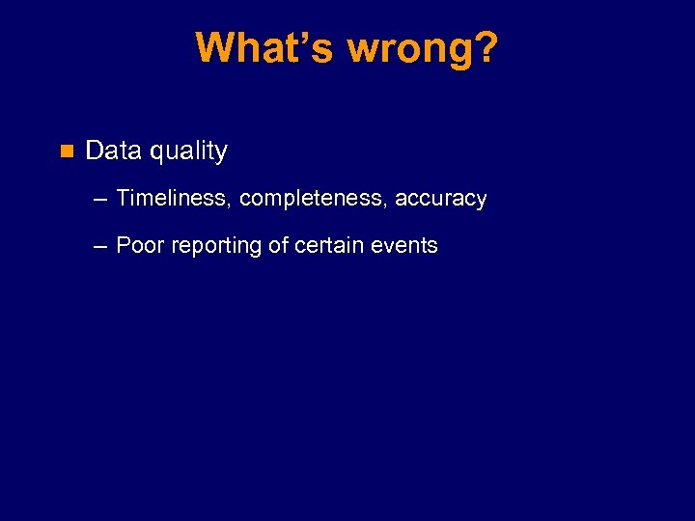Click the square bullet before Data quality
[x=67, y=151]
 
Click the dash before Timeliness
[x=101, y=200]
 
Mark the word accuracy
[x=441, y=200]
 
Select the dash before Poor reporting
[x=101, y=247]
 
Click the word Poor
[x=139, y=246]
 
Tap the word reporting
[x=217, y=247]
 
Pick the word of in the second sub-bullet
[x=278, y=246]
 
